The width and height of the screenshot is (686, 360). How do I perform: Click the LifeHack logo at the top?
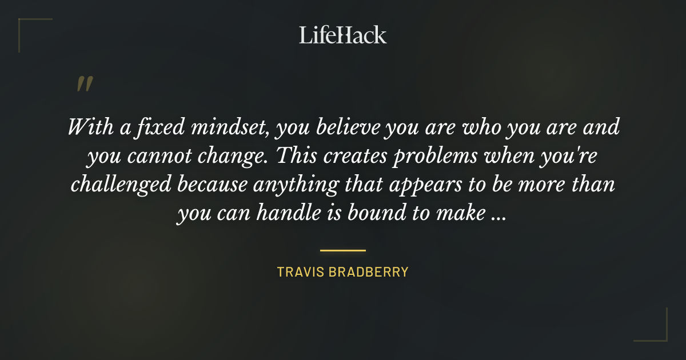[343, 35]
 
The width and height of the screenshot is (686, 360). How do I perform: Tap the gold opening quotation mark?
[85, 84]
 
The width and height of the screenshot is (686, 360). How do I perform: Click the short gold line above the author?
[343, 250]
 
